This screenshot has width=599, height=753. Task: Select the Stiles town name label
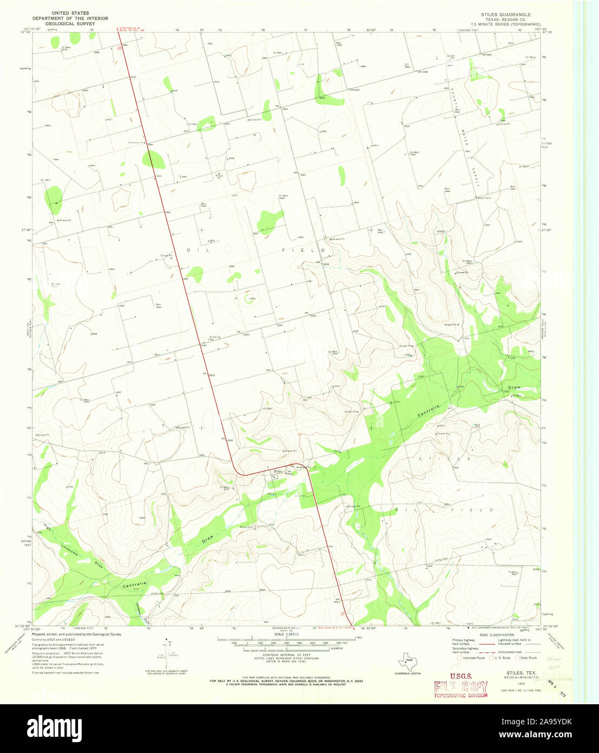pos(278,471)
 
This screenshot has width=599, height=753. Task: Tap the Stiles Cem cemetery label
pos(246,526)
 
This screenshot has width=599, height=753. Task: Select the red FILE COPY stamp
pos(459,687)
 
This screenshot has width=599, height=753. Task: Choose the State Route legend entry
pos(525,658)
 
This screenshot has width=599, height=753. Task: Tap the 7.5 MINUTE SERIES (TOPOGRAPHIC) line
pos(505,24)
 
